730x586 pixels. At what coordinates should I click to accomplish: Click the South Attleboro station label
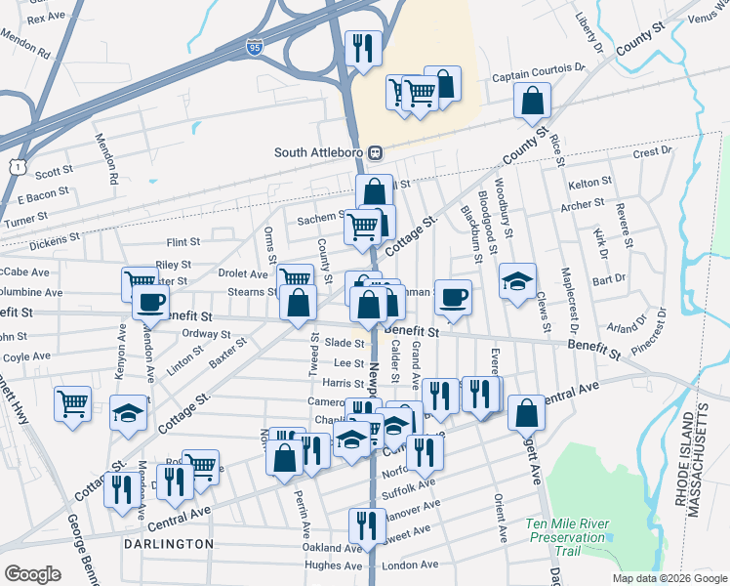coord(318,153)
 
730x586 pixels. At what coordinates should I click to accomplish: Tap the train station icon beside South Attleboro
coord(375,153)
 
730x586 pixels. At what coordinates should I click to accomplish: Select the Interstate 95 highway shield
coord(254,47)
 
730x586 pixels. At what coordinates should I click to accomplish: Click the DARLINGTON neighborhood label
coord(168,543)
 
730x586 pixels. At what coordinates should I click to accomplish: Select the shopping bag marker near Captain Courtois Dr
coord(533,101)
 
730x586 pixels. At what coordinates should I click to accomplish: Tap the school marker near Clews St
coord(517,281)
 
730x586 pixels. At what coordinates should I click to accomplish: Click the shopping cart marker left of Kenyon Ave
coord(73,403)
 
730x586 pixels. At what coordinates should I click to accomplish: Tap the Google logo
coord(33,574)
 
